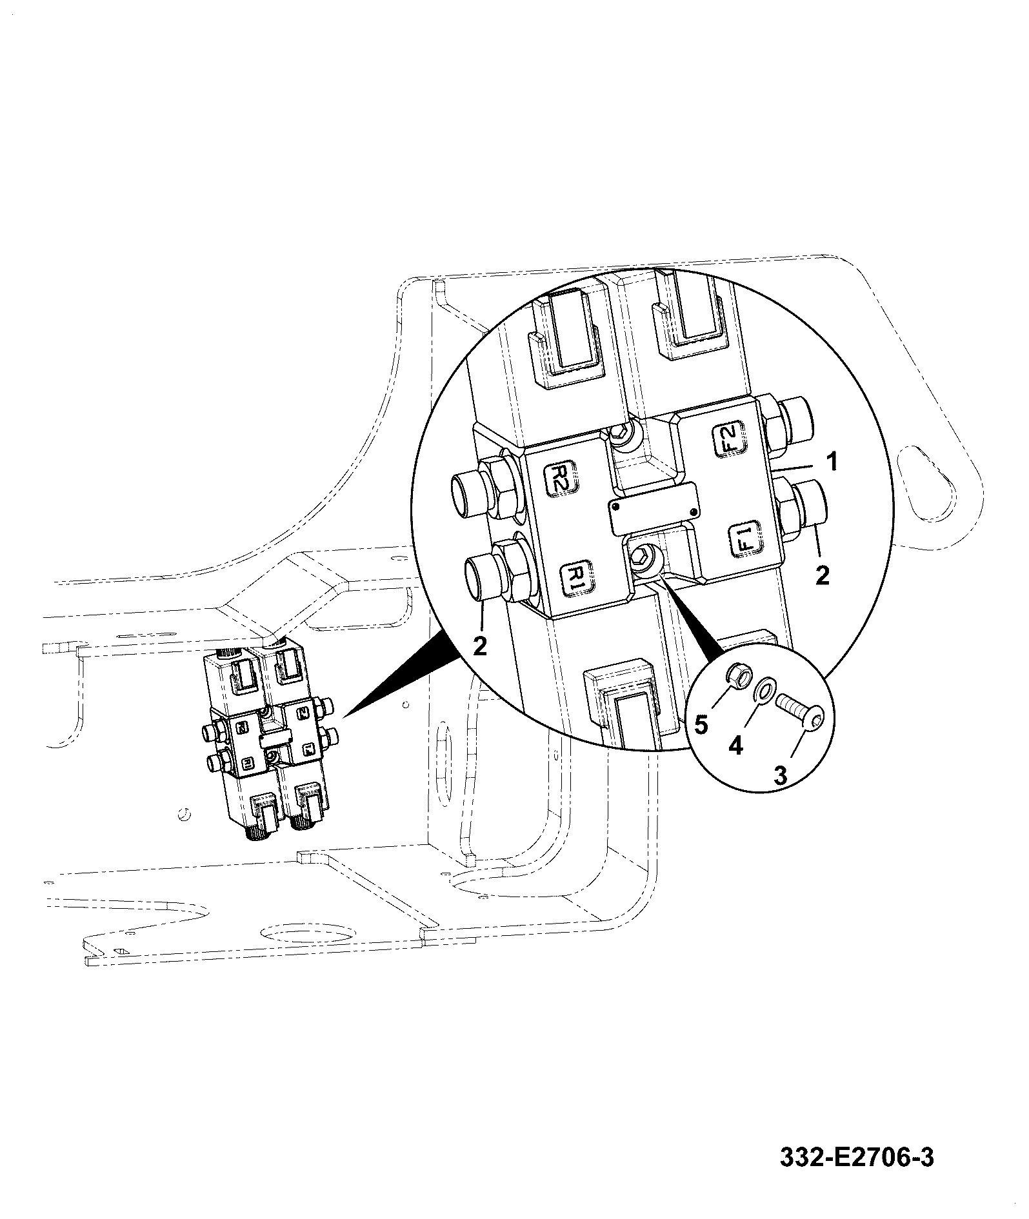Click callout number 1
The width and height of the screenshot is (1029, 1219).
click(x=832, y=462)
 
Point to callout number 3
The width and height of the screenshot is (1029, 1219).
click(x=780, y=775)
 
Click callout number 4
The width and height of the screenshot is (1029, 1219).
click(x=735, y=746)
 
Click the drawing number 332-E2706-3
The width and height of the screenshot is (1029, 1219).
click(x=857, y=1140)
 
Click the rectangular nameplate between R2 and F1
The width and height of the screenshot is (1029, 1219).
click(x=654, y=508)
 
